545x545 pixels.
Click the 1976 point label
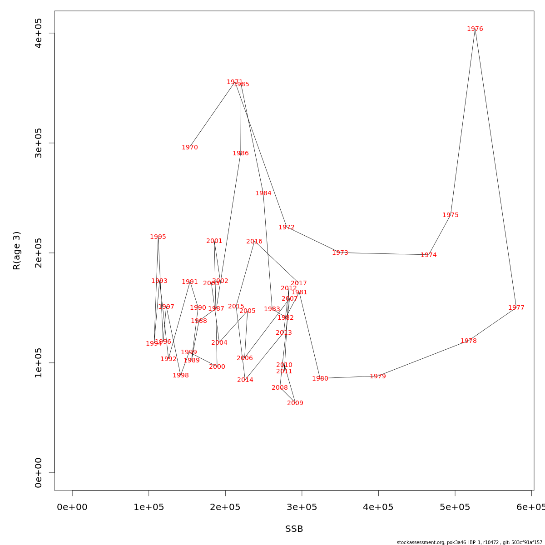pos(475,29)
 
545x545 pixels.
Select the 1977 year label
pos(516,308)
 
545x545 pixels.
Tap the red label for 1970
pos(190,148)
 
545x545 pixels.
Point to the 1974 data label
pos(429,255)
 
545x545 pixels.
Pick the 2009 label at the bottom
pos(295,403)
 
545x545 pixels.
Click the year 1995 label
pos(158,237)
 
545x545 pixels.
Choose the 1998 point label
pos(181,376)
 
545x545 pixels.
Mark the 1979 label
pos(378,377)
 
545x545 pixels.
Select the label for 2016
pos(254,242)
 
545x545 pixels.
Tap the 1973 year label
pos(340,253)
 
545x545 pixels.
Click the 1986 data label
pos(241,154)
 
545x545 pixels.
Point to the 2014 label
pos(245,380)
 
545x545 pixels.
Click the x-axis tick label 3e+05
pos(302,507)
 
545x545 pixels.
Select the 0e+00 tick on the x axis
pos(72,507)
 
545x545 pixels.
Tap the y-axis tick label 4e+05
pos(39,33)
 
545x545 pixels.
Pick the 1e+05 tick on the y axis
pos(39,362)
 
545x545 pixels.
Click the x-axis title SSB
pos(294,529)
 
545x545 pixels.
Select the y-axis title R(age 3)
pos(17,250)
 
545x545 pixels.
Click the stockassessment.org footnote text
pos(470,542)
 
